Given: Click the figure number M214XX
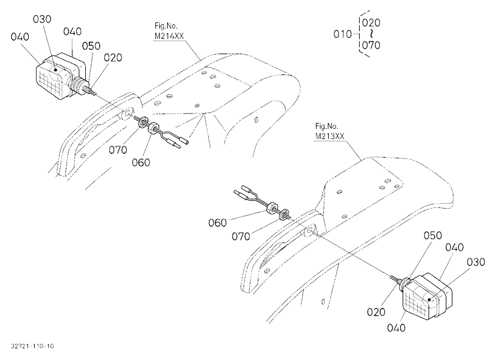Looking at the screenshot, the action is pyautogui.click(x=169, y=36).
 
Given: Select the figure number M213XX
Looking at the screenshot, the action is pyautogui.click(x=330, y=136).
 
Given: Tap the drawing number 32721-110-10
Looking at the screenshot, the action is pyautogui.click(x=32, y=346).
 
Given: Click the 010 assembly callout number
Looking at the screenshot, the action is pyautogui.click(x=343, y=34).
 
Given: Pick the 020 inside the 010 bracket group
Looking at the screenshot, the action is pyautogui.click(x=371, y=22).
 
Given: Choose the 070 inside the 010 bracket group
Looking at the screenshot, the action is pyautogui.click(x=371, y=45).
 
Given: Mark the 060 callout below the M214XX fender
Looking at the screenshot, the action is pyautogui.click(x=141, y=162).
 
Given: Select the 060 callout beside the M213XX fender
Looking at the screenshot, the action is pyautogui.click(x=218, y=223).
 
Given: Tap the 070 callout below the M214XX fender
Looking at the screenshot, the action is pyautogui.click(x=118, y=150).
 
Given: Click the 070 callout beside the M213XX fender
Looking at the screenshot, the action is pyautogui.click(x=241, y=237).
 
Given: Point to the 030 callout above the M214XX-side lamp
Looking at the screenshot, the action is pyautogui.click(x=42, y=19).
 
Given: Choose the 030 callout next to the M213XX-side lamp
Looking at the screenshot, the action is pyautogui.click(x=476, y=262).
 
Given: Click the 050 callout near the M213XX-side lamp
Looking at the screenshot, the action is pyautogui.click(x=433, y=236).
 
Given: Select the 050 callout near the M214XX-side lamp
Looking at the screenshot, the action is pyautogui.click(x=91, y=46).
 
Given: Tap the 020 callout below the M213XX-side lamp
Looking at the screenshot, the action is pyautogui.click(x=376, y=312).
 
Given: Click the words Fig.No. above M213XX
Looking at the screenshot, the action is pyautogui.click(x=326, y=126).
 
